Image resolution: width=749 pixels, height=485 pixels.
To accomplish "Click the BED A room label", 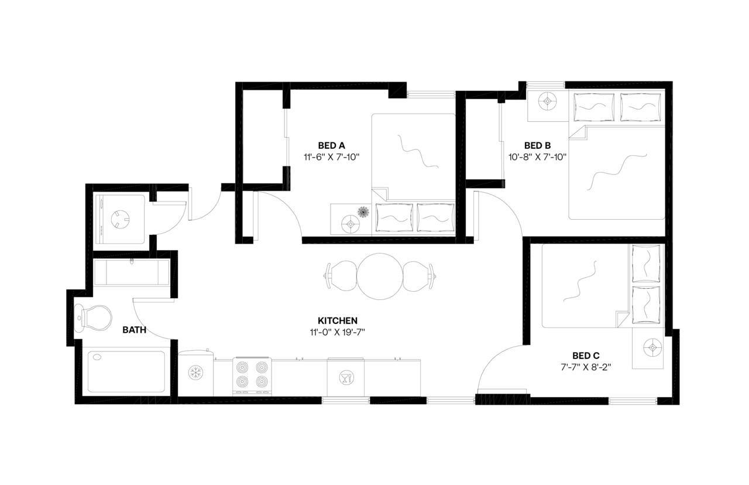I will click(331, 145).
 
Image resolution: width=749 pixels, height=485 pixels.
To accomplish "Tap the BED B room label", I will click(537, 145).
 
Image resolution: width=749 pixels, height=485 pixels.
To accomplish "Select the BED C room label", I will click(586, 356).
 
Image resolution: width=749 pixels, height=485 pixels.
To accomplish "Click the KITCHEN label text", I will click(338, 320).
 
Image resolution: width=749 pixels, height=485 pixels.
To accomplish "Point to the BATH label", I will click(134, 330).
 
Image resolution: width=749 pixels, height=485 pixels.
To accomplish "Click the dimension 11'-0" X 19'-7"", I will click(338, 332).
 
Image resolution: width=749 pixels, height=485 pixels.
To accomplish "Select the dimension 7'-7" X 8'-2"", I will click(586, 367).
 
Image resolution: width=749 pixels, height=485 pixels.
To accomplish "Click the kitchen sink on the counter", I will click(345, 377).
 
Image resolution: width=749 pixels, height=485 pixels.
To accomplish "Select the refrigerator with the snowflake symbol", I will click(195, 373).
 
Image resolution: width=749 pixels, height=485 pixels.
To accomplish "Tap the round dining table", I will click(381, 275).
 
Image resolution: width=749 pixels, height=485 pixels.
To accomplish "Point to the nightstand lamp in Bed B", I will click(547, 101).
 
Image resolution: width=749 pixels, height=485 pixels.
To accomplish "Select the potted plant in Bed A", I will click(363, 211).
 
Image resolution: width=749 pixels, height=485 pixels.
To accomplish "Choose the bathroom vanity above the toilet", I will click(132, 272).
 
